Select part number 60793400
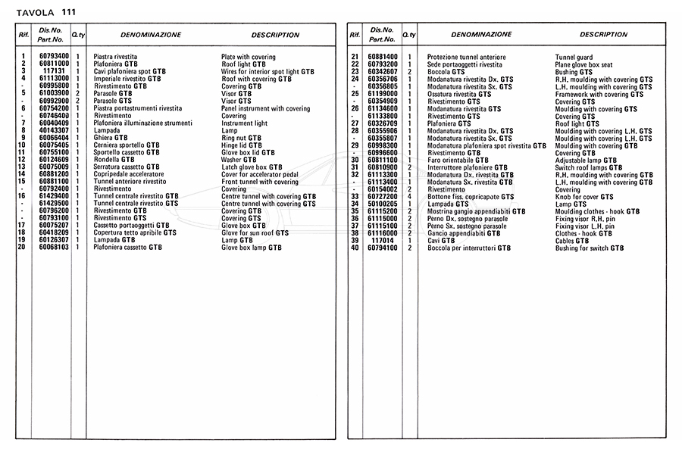click(x=54, y=57)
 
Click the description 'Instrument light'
click(x=244, y=123)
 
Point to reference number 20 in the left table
click(x=23, y=248)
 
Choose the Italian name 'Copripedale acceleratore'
click(x=128, y=174)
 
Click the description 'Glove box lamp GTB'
click(x=251, y=248)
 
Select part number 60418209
click(x=54, y=233)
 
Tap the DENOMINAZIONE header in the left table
click(x=150, y=35)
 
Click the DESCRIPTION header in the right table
click(x=603, y=35)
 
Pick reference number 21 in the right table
click(x=355, y=57)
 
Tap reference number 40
click(x=355, y=248)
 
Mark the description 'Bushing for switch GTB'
click(x=589, y=248)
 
